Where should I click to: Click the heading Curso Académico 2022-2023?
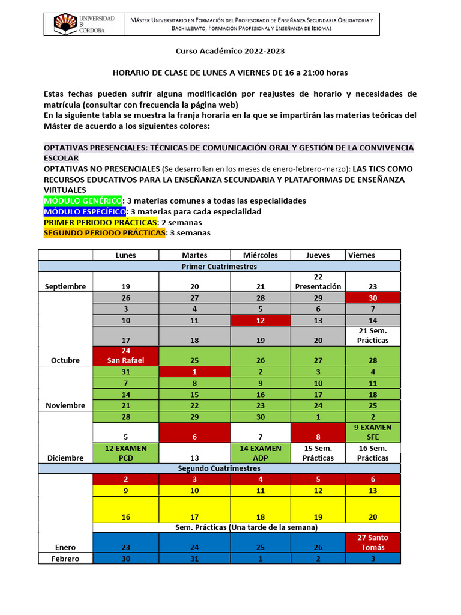pos(230,53)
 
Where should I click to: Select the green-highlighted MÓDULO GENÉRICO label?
pos(83,201)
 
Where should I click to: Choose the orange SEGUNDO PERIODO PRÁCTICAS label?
pos(104,233)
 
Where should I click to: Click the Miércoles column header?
pos(260,255)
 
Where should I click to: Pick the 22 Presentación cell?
pos(318,282)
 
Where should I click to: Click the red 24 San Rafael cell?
pos(125,355)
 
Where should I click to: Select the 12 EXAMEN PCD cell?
pos(125,452)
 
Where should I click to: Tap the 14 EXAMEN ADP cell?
pos(260,452)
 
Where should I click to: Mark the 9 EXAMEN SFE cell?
pos(373,432)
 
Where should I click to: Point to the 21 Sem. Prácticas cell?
pos(373,335)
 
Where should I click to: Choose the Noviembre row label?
pos(65,405)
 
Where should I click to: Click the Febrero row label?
pos(65,559)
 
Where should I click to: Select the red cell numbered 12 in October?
pos(260,320)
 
